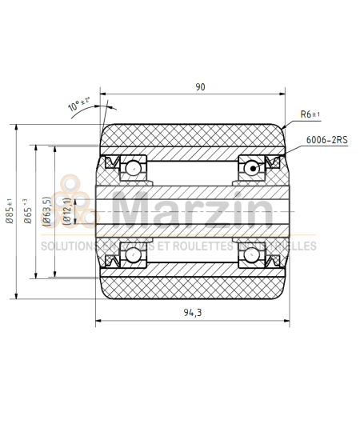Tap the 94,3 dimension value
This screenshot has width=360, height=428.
coord(191,313)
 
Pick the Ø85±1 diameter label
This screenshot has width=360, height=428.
coord(10,212)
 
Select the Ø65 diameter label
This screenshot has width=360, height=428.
coord(27,213)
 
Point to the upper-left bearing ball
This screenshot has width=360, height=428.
coord(131,167)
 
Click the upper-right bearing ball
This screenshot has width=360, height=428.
coord(251,167)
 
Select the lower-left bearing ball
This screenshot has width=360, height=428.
coord(131,256)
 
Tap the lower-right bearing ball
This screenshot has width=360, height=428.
coord(251,256)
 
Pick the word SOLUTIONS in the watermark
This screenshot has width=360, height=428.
coord(66,246)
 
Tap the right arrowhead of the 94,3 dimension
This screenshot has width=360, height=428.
coord(285,322)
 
